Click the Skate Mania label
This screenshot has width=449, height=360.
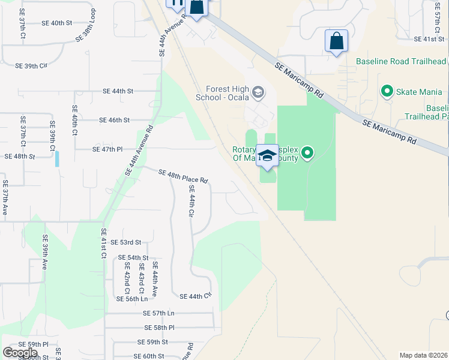pos(419,92)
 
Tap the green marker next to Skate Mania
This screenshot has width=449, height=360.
pos(387,92)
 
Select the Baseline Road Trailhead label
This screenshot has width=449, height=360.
pos(401,62)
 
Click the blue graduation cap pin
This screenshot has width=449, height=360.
pos(267,157)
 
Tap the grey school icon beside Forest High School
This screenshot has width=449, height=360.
pos(258,92)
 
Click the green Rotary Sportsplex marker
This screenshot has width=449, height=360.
pos(307,153)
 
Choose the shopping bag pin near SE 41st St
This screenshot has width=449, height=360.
pos(336,41)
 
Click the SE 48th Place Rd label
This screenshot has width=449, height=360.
pos(183,176)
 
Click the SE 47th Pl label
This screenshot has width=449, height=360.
pos(107,149)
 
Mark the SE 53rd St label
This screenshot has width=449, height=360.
pos(126,242)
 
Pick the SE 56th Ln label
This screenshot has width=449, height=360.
pos(131,299)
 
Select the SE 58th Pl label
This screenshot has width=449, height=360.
pos(159,328)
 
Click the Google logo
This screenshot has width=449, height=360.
pos(20,353)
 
